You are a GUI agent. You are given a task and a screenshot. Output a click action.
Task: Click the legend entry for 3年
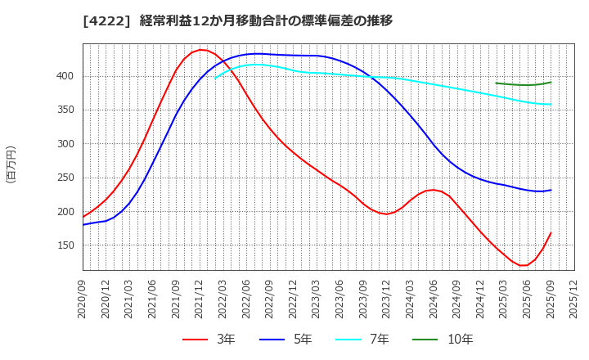point(209,340)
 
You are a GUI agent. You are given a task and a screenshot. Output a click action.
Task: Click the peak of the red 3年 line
point(200,50)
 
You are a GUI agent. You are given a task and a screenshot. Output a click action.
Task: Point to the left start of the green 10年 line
point(497,83)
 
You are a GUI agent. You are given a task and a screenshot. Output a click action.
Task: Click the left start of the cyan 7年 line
point(216,78)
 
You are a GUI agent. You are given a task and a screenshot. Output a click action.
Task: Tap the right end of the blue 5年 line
point(551,190)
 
